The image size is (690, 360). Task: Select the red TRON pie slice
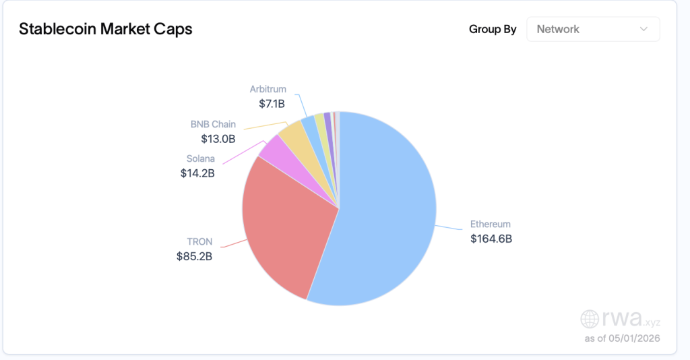[286, 224]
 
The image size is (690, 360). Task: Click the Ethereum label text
[491, 224]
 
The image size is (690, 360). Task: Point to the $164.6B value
[491, 239]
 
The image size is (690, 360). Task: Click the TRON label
[199, 241]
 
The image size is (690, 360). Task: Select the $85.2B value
[195, 256]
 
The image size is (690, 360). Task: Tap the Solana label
[201, 158]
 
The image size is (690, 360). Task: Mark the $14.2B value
[197, 173]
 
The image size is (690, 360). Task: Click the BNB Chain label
[213, 124]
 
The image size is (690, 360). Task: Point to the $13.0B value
[218, 139]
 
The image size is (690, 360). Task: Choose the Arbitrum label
[268, 89]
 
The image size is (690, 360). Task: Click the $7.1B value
[272, 104]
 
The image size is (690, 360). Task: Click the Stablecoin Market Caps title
[106, 29]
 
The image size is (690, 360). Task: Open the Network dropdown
[593, 29]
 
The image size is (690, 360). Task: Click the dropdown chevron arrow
[644, 29]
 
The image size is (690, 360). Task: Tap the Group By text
[493, 29]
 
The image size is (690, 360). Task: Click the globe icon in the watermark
[590, 319]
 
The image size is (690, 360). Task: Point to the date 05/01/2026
[634, 338]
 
